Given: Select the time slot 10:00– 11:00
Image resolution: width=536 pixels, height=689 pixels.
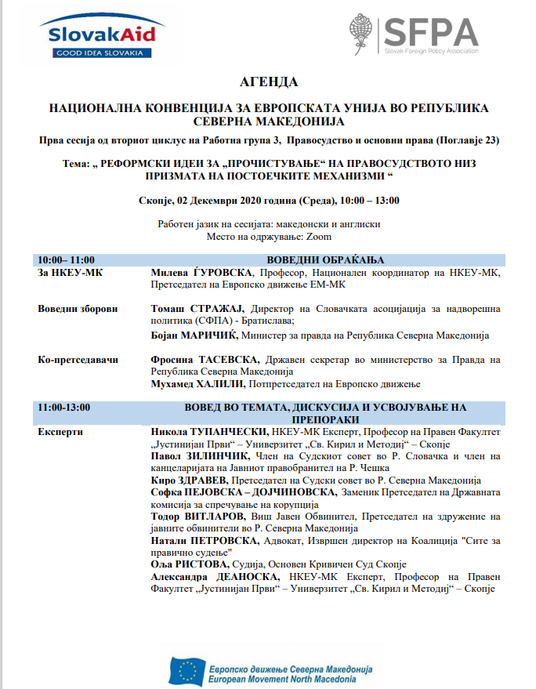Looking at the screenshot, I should coord(67,259).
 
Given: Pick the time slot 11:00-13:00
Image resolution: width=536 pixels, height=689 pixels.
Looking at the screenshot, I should coord(64,407).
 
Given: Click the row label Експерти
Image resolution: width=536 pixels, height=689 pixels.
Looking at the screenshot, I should coord(60,432).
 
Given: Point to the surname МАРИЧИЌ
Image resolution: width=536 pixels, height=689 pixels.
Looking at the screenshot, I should coord(212,335).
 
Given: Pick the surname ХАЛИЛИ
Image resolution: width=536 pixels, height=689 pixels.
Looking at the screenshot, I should coord(221,384).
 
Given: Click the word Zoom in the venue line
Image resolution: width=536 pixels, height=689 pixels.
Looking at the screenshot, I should coord(318,236).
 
